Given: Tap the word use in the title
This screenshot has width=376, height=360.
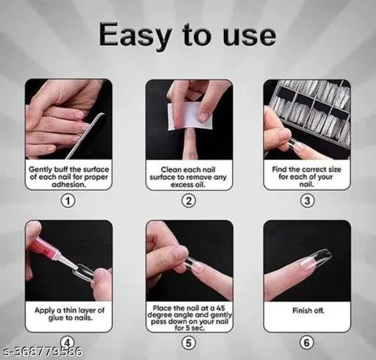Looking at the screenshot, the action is point(250,37).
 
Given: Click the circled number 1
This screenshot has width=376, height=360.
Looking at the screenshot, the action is point(68,201).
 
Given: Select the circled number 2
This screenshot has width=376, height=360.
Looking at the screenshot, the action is point(189,201).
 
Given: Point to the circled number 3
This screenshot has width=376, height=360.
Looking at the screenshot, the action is point(307,201).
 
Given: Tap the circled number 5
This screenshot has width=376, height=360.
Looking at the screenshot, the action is point(189,342).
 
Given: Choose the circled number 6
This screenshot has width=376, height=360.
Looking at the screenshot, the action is point(307,342).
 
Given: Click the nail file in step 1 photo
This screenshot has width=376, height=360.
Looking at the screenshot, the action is point(86,135).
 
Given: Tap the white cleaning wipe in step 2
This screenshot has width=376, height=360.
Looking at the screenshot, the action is point(189,116).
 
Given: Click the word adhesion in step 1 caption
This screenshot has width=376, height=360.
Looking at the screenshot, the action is point(69,184).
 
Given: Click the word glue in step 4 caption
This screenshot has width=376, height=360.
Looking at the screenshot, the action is point(57,318).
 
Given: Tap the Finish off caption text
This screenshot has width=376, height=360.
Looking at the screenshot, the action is point(308,311).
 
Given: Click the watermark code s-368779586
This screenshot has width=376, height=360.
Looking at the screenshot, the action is point(41,351).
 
